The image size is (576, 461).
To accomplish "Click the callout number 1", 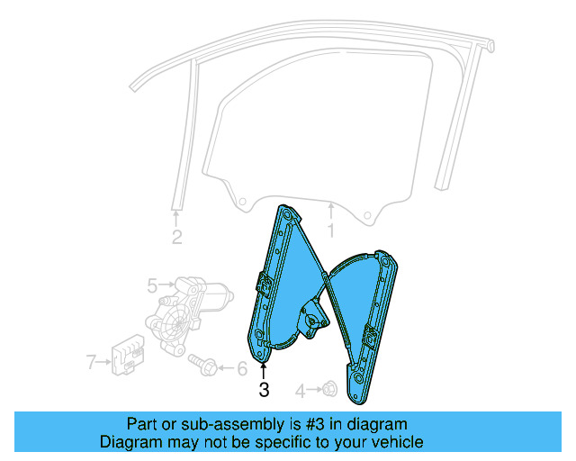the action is point(329,231).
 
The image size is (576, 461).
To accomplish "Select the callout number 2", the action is point(176,238).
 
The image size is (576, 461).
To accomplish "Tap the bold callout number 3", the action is point(264,390).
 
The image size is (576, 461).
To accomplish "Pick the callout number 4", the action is point(301,391).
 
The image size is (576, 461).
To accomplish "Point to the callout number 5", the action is point(152,286).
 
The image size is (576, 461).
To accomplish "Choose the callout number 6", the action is point(241,368).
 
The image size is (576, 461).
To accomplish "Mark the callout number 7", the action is point(91,363).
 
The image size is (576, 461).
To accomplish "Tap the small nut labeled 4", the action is point(328,390).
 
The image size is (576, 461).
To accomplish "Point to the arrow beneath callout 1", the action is point(330,212).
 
